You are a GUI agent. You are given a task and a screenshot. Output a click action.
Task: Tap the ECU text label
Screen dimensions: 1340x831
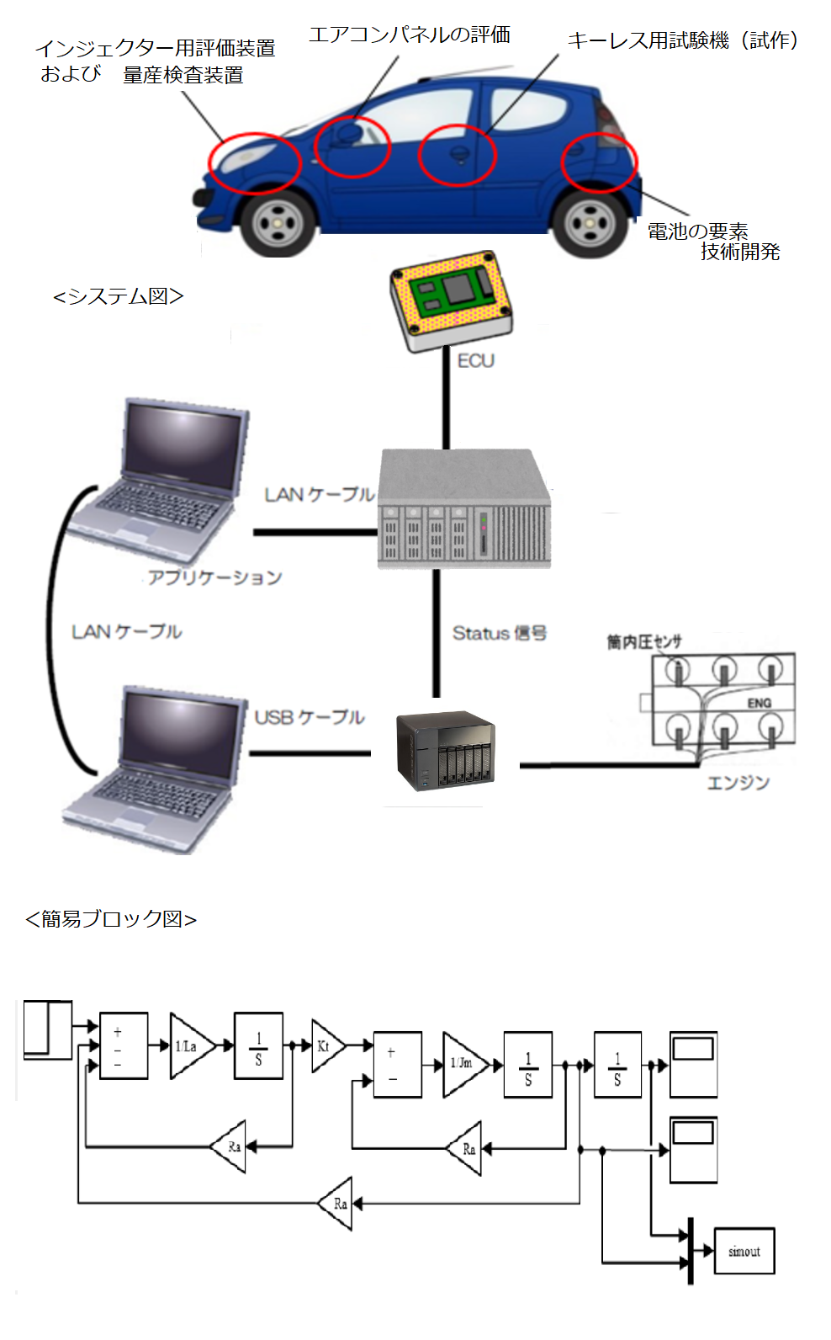tap(476, 360)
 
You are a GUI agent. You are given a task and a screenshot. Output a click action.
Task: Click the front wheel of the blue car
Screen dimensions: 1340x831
tap(278, 223)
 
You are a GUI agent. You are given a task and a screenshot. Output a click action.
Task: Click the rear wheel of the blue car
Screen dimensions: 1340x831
tap(590, 223)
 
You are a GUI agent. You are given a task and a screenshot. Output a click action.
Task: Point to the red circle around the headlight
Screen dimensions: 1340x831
tap(254, 162)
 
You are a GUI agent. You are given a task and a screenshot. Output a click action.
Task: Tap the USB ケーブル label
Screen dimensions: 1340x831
tap(310, 717)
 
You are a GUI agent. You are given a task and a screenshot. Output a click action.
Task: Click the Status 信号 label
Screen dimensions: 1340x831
tap(500, 633)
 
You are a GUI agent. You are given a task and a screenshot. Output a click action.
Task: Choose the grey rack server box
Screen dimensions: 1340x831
tap(464, 509)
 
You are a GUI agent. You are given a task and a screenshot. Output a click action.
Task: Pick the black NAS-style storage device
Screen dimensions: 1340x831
tap(445, 752)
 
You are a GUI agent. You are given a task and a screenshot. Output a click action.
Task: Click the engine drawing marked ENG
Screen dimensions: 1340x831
tap(723, 700)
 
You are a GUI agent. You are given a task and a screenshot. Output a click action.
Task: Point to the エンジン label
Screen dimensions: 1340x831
tap(738, 783)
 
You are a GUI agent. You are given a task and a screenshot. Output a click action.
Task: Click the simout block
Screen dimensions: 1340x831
tap(744, 1251)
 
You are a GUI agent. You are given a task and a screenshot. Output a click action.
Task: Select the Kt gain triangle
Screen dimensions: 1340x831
tap(326, 1046)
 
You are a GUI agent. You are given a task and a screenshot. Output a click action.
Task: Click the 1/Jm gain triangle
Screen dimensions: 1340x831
tap(463, 1064)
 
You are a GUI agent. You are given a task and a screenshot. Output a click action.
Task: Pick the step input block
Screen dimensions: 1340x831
tap(48, 1029)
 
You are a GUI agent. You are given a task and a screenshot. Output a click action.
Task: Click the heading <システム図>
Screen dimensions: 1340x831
tap(118, 296)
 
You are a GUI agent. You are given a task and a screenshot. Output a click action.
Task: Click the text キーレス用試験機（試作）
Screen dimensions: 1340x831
tap(683, 40)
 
